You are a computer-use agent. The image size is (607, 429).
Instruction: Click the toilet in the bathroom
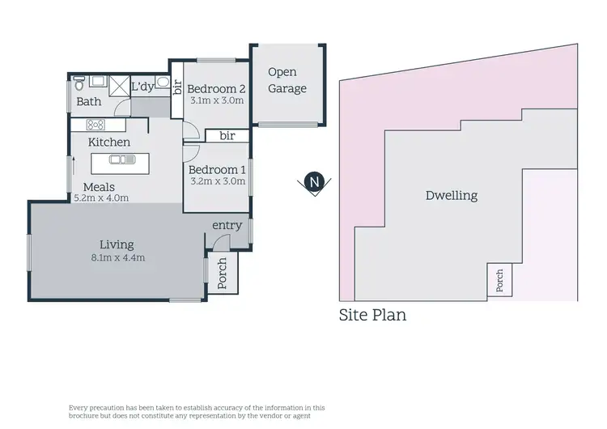point(79,84)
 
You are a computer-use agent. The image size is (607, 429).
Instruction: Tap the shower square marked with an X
point(119,87)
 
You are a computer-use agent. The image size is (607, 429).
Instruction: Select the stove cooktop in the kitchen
point(96,125)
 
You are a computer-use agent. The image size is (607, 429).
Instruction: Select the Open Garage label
point(287,80)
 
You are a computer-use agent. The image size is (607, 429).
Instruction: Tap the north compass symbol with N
point(314,183)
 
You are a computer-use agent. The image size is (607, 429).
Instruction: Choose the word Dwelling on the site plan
point(451,195)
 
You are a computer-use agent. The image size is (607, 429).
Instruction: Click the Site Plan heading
point(372,315)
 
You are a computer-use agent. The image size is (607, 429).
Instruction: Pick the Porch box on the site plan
point(499,280)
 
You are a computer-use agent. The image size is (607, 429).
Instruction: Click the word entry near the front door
point(227,225)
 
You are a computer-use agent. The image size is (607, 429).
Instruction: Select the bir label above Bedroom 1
point(227,136)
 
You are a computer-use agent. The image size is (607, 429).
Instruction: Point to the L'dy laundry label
point(143,86)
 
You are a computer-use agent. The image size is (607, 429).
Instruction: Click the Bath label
point(88,102)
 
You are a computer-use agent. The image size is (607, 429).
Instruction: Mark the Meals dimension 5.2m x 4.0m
point(101,198)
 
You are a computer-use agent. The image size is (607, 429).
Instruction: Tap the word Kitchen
point(109,142)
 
